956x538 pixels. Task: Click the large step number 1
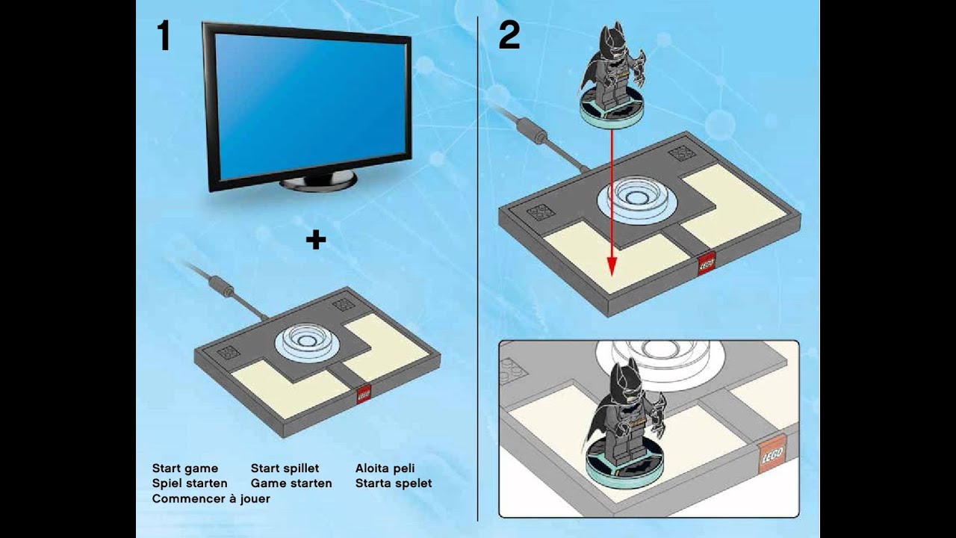[x=164, y=36]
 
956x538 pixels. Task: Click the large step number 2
[x=509, y=36]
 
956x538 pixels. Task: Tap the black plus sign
[x=316, y=240]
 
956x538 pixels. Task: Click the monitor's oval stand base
[x=318, y=181]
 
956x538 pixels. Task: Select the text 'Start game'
[x=184, y=469]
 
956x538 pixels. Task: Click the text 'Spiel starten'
[x=190, y=483]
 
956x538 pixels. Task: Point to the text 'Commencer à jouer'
[x=211, y=498]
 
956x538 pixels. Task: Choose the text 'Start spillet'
[x=285, y=469]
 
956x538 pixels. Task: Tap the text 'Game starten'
[x=291, y=483]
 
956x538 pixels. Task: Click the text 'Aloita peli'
[x=385, y=469]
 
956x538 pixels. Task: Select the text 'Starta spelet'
[x=394, y=483]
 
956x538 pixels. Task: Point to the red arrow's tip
[x=612, y=276]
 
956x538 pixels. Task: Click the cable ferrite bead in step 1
[x=220, y=285]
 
